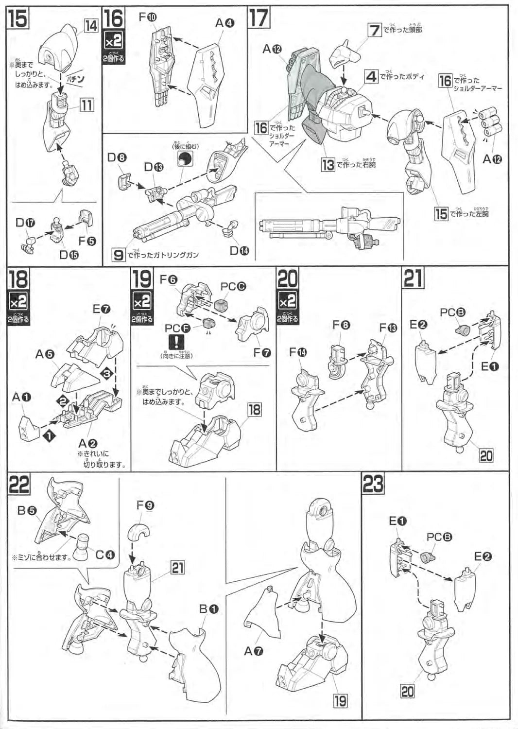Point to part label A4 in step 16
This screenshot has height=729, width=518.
tap(225, 22)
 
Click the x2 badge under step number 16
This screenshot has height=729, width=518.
tap(114, 42)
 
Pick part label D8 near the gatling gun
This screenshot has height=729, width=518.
tap(117, 157)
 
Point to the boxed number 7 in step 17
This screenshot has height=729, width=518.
tap(374, 30)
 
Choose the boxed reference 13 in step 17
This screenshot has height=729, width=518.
tap(328, 165)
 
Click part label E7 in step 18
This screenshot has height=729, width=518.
tap(102, 309)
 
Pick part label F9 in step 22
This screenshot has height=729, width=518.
tap(145, 505)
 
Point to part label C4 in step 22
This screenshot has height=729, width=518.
tap(105, 554)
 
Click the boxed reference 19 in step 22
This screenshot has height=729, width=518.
tap(340, 700)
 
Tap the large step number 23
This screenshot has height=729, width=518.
tap(373, 484)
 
